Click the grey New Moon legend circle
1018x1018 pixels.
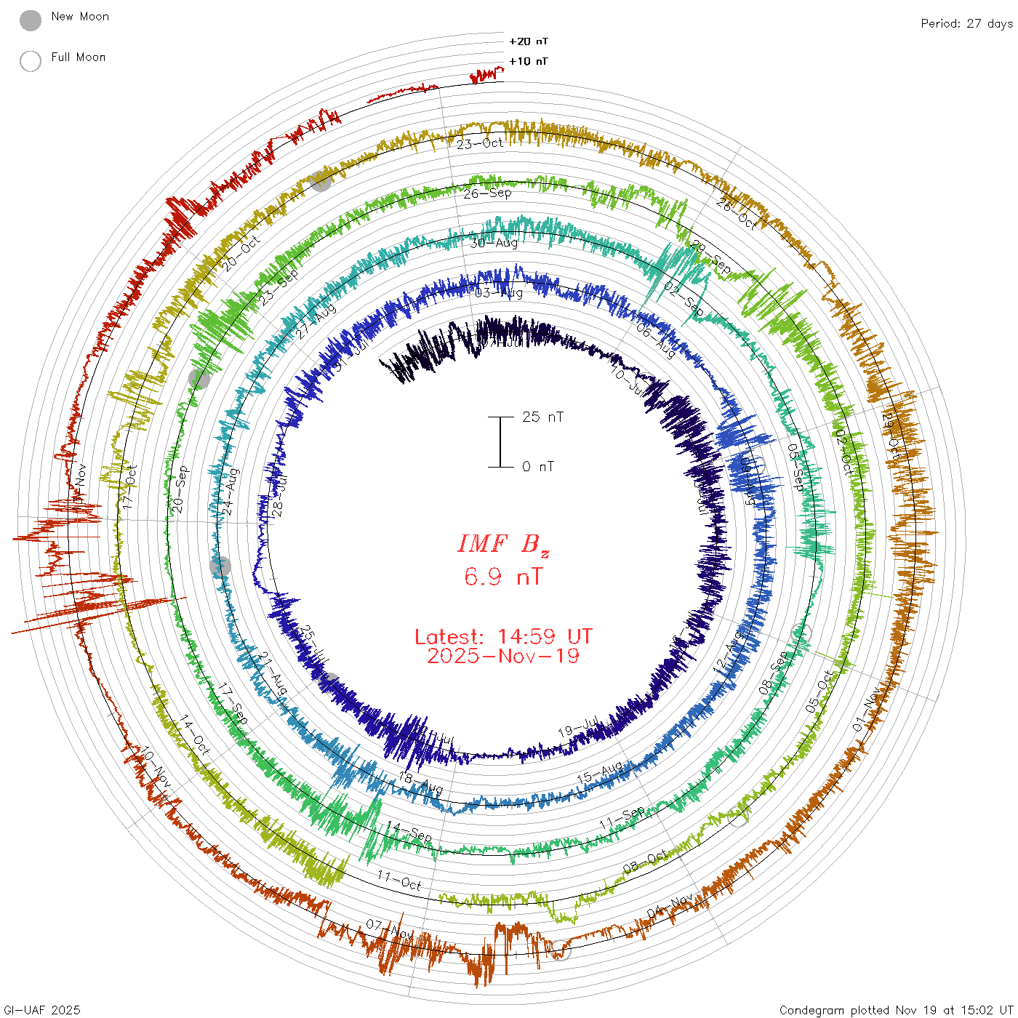31,21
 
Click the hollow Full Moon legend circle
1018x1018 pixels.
31,61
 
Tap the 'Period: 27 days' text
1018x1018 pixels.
966,23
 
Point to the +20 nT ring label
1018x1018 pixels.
529,41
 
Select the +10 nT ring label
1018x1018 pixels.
529,61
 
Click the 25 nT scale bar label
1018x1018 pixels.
542,417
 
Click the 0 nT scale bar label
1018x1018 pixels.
538,466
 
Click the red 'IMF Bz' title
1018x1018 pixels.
503,544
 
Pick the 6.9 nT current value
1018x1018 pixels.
503,577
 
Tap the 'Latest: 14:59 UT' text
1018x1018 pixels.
503,637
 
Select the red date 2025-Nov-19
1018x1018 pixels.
503,656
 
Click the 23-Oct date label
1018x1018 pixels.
480,143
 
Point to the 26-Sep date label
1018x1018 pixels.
487,193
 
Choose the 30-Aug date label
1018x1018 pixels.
494,243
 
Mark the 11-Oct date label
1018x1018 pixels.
399,881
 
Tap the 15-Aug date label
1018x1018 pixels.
599,773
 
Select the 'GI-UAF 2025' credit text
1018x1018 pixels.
42,1009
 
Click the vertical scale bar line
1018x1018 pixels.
500,442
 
